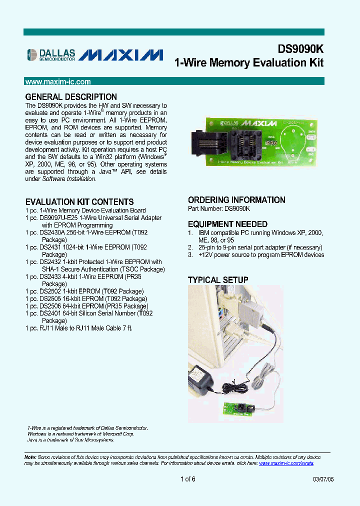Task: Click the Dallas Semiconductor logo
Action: point(50,54)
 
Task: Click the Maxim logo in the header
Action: point(121,54)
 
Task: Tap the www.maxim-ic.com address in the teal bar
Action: point(58,81)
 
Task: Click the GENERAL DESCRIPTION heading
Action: point(71,97)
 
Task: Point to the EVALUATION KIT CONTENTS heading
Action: point(79,202)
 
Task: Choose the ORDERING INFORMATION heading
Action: point(236,200)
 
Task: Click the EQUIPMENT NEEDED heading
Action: point(227,224)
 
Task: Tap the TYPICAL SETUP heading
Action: point(218,280)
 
